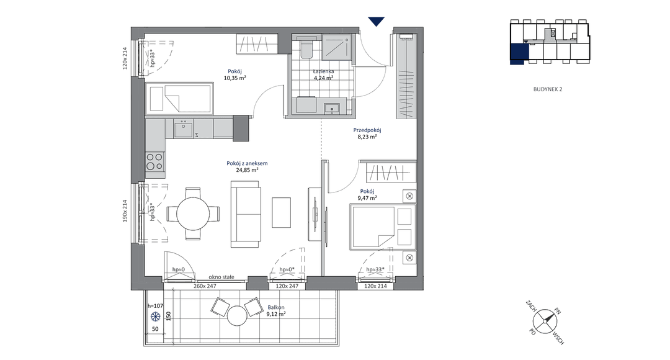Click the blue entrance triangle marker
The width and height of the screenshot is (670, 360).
376,21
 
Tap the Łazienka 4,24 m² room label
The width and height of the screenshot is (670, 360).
323,75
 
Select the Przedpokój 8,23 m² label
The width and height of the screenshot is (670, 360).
367,133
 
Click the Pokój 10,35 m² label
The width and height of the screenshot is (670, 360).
234,75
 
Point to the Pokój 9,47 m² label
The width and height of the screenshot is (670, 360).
367,194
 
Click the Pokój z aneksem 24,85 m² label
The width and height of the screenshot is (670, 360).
247,166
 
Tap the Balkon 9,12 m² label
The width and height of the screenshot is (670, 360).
276,310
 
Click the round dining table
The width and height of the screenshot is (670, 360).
193,214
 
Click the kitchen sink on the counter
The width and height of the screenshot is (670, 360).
184,128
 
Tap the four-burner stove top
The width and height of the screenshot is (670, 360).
154,161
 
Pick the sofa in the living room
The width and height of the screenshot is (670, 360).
246,214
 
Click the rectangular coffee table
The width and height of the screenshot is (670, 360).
281,212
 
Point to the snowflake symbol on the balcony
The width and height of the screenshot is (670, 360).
156,317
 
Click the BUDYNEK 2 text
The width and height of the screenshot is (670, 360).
548,89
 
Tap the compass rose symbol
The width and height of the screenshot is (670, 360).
545,322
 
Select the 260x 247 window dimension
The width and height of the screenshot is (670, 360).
205,286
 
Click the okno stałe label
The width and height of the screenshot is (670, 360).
221,277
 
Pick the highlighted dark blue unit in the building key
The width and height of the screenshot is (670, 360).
519,53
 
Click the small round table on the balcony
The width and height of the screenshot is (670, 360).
237,316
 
